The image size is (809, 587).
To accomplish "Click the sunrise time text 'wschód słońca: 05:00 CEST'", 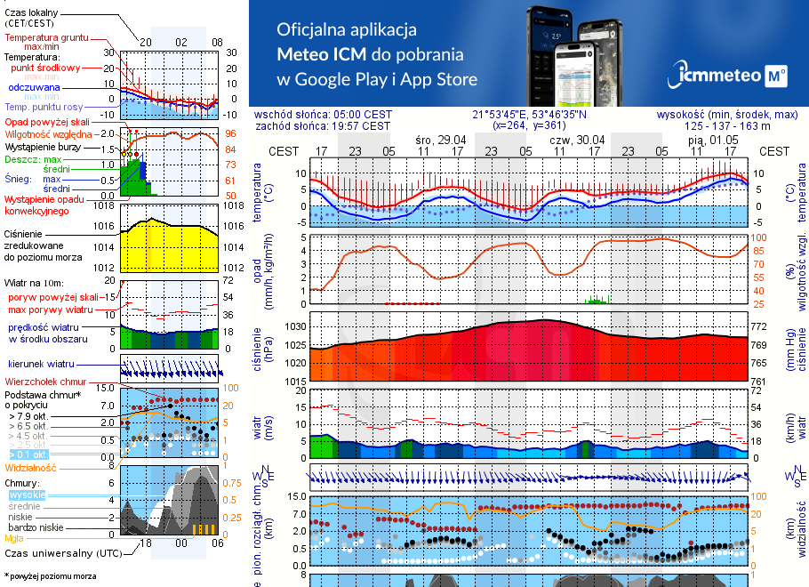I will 334,114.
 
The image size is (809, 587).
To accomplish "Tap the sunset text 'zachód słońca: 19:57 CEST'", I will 334,125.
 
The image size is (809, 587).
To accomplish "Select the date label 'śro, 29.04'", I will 440,141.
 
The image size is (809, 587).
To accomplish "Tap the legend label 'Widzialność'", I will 30,467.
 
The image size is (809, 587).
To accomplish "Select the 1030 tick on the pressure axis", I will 294,327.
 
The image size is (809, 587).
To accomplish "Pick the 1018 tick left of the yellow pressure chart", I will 104,206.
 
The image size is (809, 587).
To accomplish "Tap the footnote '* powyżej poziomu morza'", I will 50,576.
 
